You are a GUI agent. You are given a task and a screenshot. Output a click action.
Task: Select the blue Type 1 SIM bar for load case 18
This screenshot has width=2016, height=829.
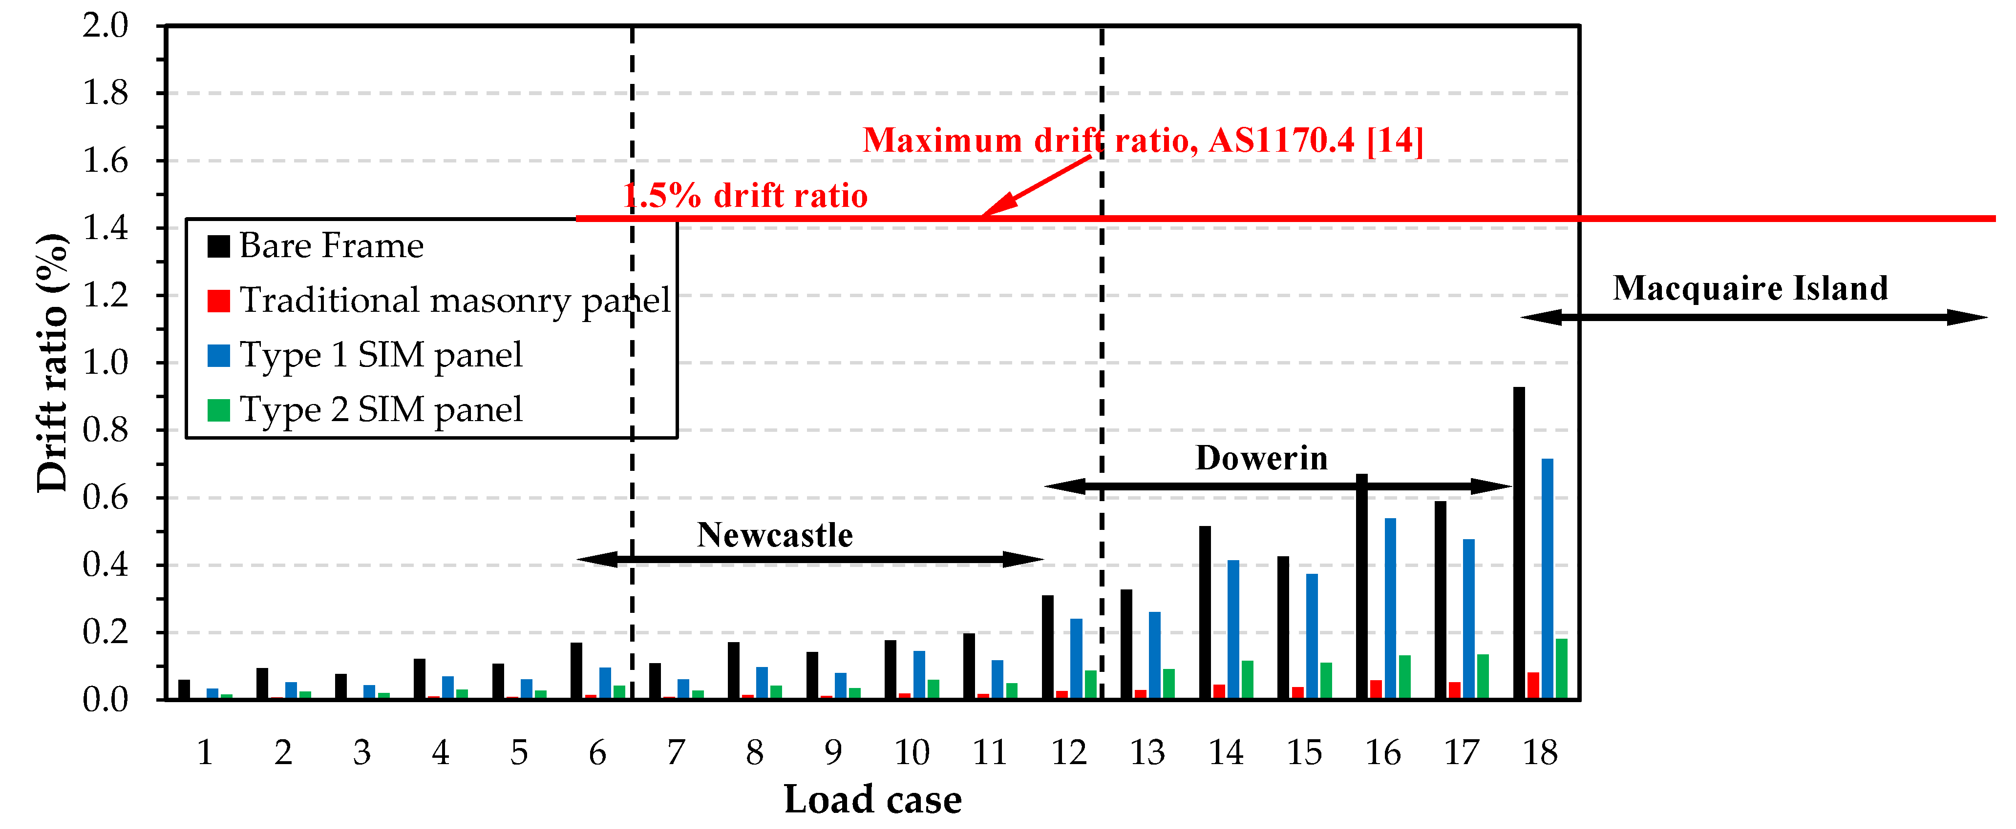coord(1547,579)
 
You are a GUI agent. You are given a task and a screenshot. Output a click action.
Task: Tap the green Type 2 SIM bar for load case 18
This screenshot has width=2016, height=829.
coord(1561,668)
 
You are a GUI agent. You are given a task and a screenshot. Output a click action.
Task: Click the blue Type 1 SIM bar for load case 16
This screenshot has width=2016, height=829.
coord(1390,608)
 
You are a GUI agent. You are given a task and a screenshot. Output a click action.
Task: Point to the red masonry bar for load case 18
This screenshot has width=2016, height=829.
coord(1533,686)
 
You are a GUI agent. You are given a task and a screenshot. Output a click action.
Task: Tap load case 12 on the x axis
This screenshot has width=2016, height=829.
coord(1068,752)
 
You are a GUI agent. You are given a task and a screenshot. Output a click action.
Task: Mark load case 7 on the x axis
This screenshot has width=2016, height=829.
coord(676,752)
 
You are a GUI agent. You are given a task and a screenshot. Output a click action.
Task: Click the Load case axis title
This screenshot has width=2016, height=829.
coord(872,799)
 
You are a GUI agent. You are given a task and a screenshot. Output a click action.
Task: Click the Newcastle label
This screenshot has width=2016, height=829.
coord(775,535)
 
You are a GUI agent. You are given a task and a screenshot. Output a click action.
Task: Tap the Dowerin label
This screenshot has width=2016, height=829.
coord(1262,458)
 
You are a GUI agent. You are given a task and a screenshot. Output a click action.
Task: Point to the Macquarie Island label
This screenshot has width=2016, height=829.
coord(1751,288)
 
